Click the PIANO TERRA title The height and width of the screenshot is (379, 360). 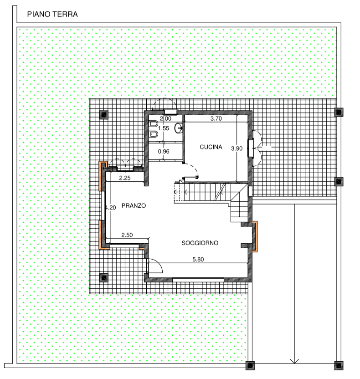click(x=52, y=14)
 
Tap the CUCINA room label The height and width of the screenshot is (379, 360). click(x=211, y=147)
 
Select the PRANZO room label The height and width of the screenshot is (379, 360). click(x=134, y=206)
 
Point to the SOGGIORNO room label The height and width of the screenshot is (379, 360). click(x=200, y=243)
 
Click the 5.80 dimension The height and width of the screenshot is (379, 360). click(x=198, y=259)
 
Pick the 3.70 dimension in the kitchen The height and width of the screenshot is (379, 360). click(x=216, y=118)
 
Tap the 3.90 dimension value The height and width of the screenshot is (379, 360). click(x=237, y=149)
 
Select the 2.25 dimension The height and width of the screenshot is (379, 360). click(x=125, y=178)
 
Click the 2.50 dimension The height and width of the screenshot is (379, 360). click(x=127, y=235)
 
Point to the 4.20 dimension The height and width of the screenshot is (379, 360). click(x=110, y=208)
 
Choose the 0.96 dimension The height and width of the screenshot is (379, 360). click(x=164, y=152)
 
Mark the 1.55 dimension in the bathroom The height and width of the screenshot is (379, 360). click(x=164, y=128)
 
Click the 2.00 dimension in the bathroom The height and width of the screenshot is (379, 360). click(x=165, y=118)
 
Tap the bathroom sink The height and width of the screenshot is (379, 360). click(x=179, y=128)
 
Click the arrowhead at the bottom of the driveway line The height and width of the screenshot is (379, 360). click(x=294, y=361)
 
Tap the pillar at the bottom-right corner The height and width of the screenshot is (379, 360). click(x=339, y=366)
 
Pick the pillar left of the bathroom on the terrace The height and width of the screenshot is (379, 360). click(x=104, y=115)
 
